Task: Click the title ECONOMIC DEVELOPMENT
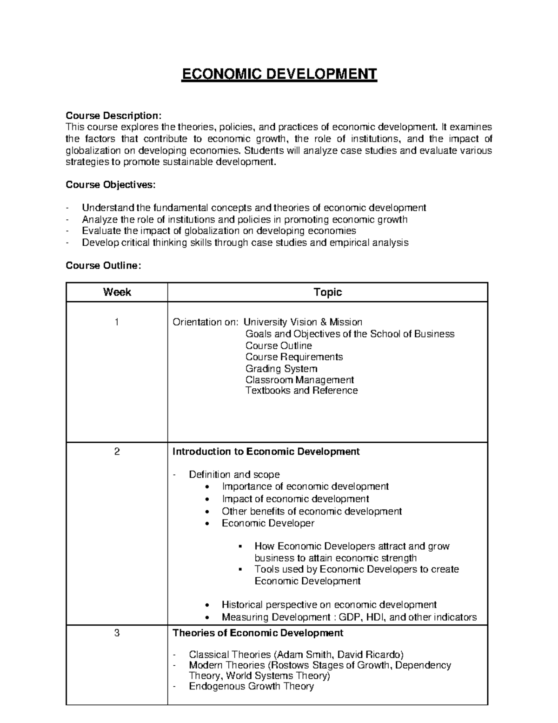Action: [279, 74]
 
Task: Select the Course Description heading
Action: [114, 115]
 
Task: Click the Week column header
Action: [117, 292]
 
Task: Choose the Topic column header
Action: [327, 292]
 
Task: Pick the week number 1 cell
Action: [117, 322]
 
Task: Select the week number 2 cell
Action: [117, 452]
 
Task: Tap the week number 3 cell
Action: [117, 633]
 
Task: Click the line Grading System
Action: [281, 369]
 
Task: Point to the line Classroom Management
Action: [299, 380]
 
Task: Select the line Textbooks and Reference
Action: [301, 391]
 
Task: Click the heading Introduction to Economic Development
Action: [266, 452]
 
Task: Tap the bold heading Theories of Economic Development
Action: [258, 633]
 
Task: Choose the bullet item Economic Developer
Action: [268, 523]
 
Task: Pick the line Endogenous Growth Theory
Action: [251, 686]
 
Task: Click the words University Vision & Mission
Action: [303, 322]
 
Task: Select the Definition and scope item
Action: [234, 475]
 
